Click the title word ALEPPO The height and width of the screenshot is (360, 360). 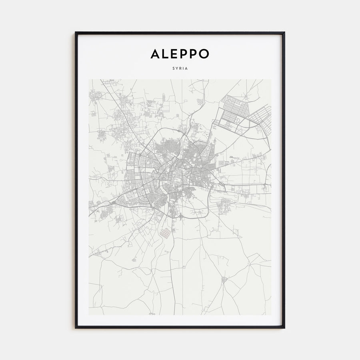(180, 54)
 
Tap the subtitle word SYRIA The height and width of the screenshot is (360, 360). (180, 68)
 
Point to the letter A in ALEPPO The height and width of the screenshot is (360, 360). (155, 54)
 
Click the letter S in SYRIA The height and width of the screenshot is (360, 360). (174, 68)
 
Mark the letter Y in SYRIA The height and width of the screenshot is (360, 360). (177, 68)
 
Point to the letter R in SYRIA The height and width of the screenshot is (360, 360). (180, 68)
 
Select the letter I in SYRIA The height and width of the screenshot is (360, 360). (183, 68)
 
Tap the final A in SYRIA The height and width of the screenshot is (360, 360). (186, 68)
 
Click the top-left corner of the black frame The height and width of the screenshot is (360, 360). (76, 33)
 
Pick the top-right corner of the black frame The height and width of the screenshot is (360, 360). (284, 33)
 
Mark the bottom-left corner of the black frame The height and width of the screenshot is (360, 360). (76, 328)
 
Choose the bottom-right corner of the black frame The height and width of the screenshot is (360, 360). (284, 328)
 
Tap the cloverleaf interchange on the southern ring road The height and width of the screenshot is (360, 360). (181, 216)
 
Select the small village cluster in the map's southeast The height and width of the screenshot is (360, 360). (224, 279)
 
